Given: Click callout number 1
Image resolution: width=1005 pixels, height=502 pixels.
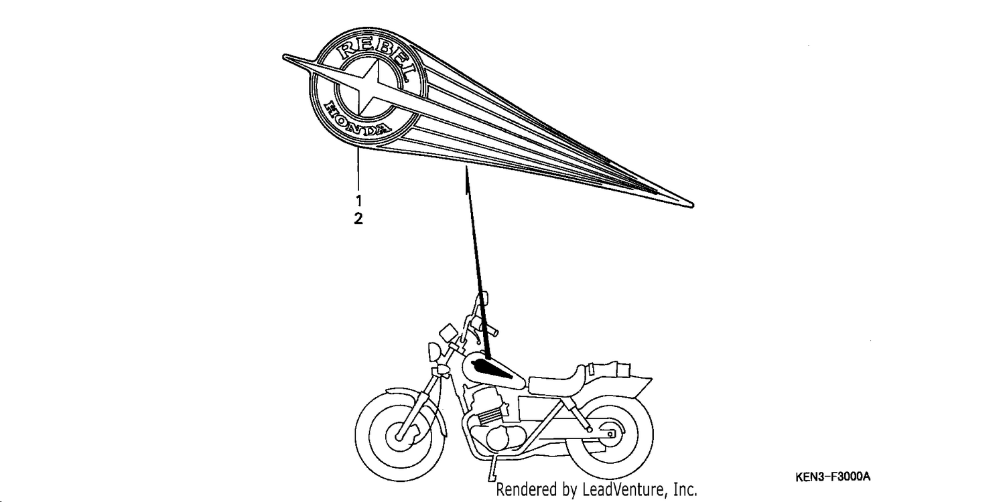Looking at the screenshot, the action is click(358, 200).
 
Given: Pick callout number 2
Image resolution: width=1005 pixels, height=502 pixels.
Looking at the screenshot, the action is click(358, 219).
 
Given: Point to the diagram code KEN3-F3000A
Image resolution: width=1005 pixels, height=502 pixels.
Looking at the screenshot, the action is click(833, 477).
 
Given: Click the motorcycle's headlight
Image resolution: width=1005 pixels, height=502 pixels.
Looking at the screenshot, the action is click(434, 352).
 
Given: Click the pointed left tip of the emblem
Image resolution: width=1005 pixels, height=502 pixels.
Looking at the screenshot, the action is click(283, 56).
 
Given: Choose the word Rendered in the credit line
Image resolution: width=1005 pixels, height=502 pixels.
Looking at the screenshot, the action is click(517, 489).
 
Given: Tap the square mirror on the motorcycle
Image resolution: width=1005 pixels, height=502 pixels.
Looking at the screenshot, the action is click(448, 333).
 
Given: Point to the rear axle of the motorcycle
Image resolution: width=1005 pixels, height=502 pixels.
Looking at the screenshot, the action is click(610, 434).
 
